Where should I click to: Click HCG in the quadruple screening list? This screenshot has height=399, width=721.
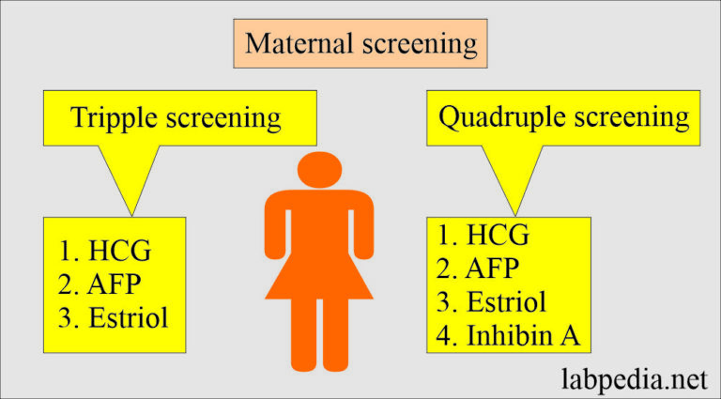(x=497, y=236)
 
